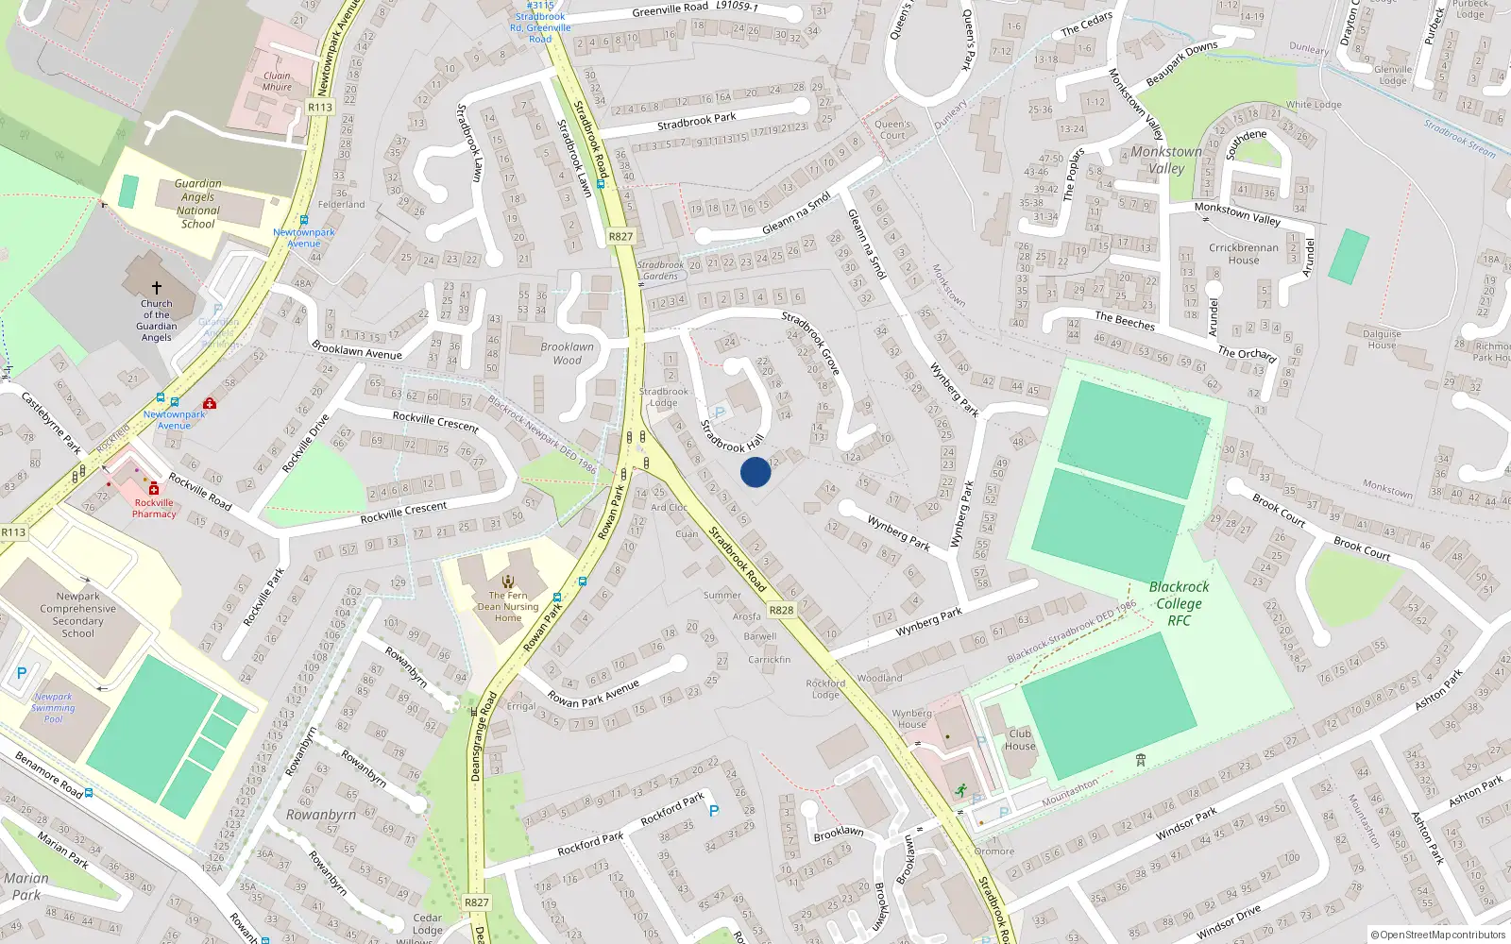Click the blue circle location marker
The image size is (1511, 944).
point(755,472)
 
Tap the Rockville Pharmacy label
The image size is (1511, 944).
point(154,508)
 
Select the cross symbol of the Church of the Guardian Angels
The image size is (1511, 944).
point(157,287)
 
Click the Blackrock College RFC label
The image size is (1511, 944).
point(1179,603)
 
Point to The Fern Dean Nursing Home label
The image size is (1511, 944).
point(508,607)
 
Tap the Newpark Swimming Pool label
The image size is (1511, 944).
point(53,708)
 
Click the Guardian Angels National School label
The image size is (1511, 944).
point(198,204)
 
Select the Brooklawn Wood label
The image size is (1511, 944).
point(567,353)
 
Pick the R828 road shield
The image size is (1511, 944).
point(781,610)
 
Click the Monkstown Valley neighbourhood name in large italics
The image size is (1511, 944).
point(1166,160)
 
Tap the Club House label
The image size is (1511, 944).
point(1020,739)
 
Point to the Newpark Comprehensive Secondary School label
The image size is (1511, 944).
point(78,615)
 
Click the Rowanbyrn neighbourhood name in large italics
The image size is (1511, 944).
point(321,815)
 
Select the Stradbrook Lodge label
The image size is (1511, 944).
point(663,396)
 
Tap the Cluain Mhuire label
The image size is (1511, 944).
point(277,81)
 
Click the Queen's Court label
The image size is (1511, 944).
point(892,129)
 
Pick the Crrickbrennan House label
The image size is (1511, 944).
point(1244,254)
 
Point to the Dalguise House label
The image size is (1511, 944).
point(1382,339)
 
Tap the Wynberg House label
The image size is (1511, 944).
point(911,718)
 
